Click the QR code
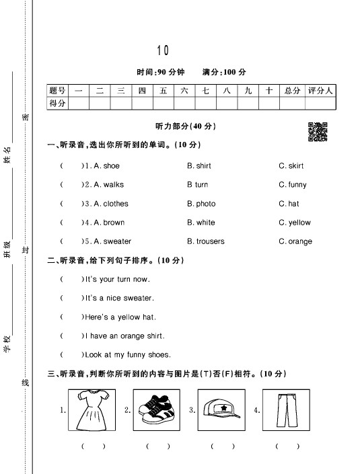point(318,131)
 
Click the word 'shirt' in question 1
point(203,166)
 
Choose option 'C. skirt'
point(291,166)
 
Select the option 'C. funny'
point(292,185)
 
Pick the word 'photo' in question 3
point(205,204)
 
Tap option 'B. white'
point(201,223)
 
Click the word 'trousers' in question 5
point(210,241)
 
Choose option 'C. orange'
point(295,241)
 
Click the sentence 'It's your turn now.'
point(116,279)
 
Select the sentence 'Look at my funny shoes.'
point(127,354)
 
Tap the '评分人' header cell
point(320,91)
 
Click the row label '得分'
point(58,103)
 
